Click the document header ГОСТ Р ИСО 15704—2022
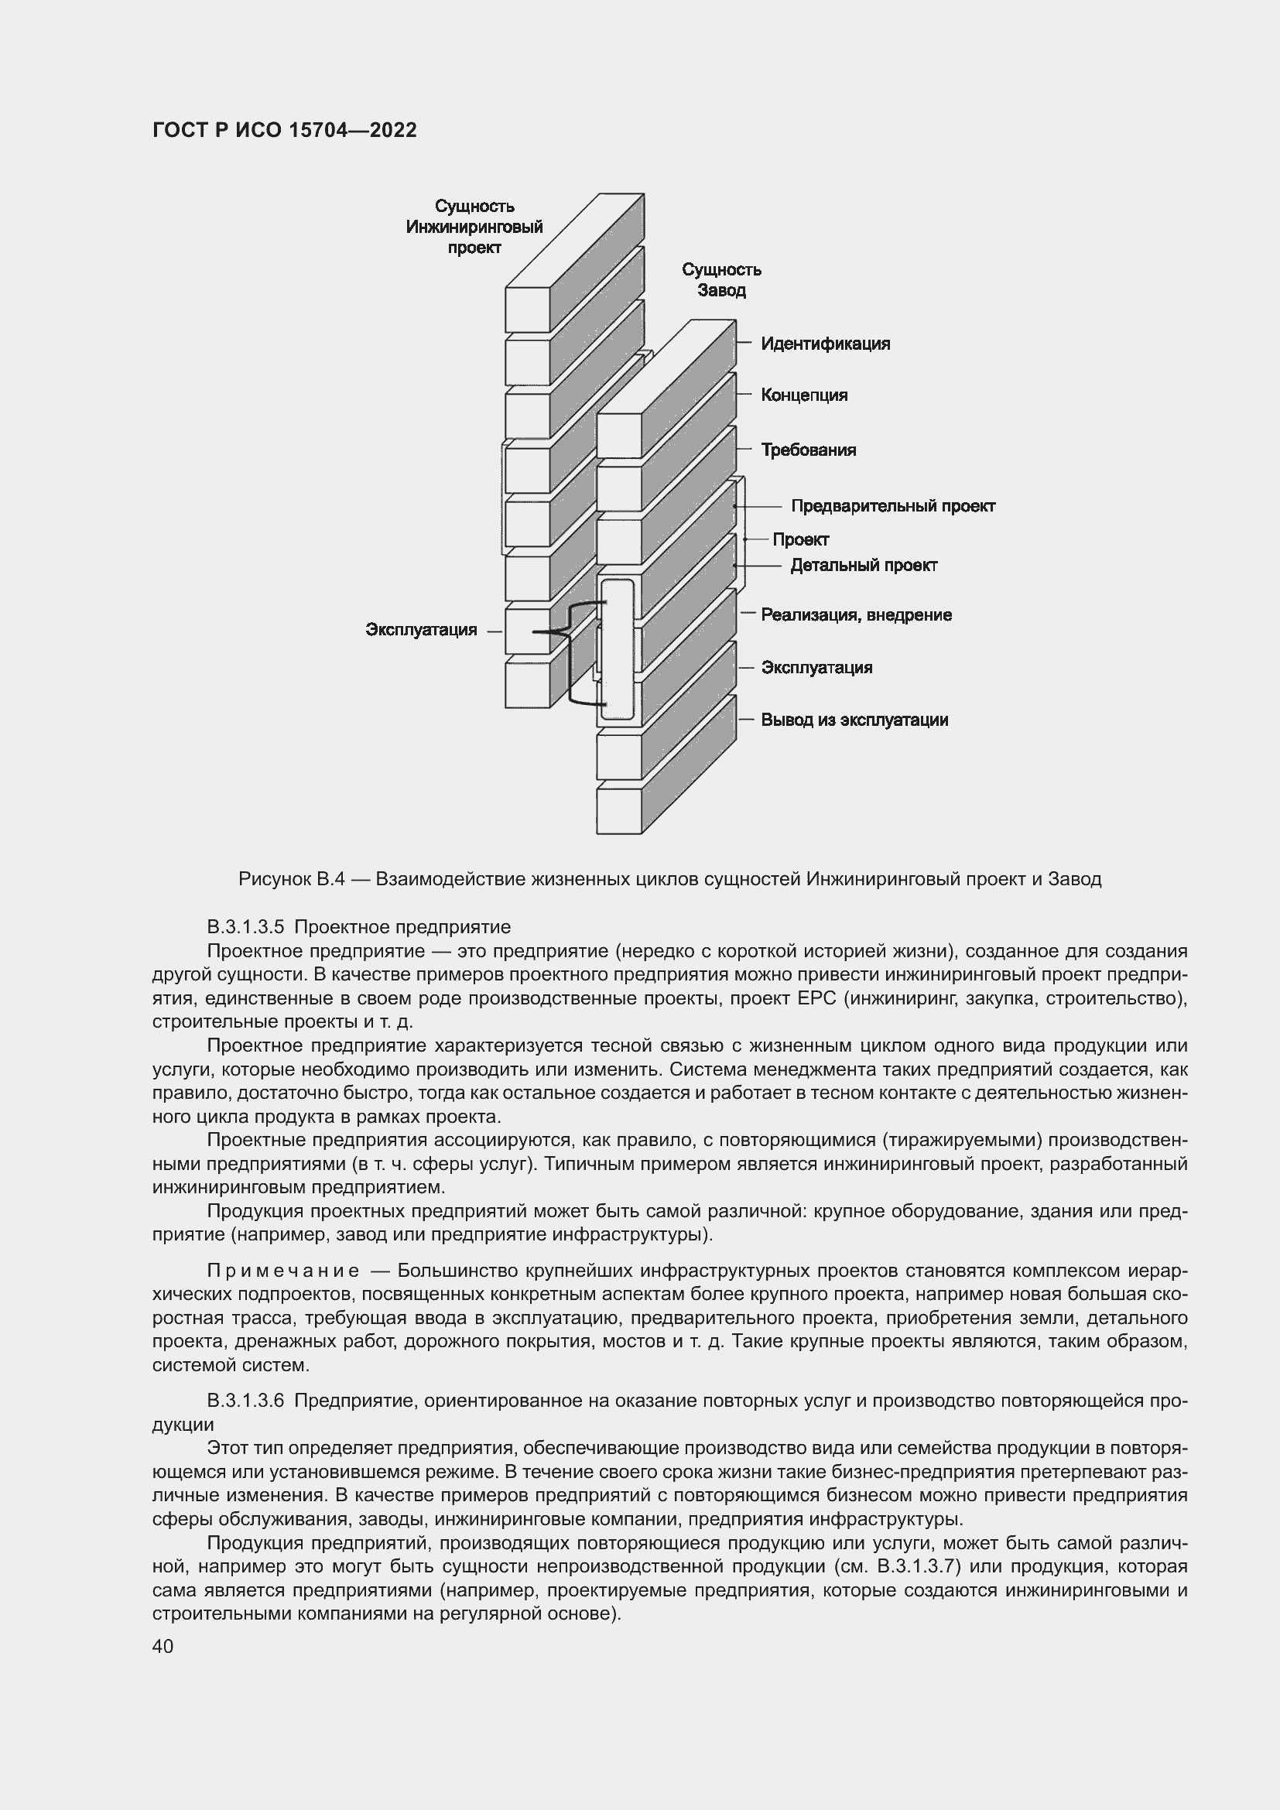[284, 131]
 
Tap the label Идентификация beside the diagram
[824, 344]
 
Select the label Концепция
[804, 395]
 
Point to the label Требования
[808, 450]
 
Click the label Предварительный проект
[892, 506]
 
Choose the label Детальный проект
[863, 565]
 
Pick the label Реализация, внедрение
[856, 615]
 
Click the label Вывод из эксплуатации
[854, 720]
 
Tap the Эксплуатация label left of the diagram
[421, 630]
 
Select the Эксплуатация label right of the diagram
[816, 668]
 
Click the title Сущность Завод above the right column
[721, 280]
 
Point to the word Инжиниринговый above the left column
[474, 227]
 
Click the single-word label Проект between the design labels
[800, 540]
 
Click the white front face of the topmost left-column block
[527, 309]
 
